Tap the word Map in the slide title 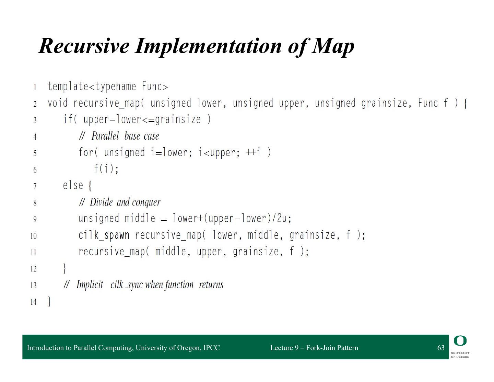333,46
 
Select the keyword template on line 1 68,86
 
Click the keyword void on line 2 58,103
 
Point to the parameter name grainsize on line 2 384,103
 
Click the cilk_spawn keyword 104,235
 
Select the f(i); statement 106,169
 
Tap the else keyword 73,185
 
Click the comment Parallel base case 125,136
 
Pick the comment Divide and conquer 125,202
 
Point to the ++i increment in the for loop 253,152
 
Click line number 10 33,236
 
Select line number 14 33,302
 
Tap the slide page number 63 441,348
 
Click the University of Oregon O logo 460,341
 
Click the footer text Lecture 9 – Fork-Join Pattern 314,348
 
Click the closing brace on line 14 49,301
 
